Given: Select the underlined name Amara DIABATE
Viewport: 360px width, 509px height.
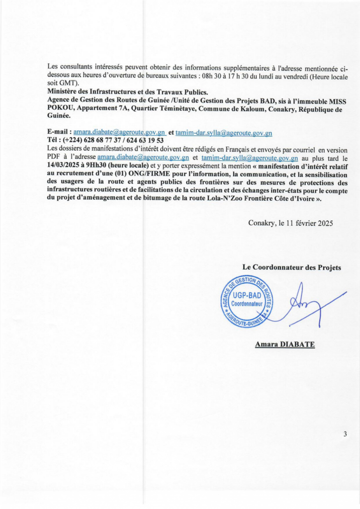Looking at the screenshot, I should (x=284, y=344).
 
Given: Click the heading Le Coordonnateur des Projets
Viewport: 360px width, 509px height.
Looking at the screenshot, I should (x=291, y=267).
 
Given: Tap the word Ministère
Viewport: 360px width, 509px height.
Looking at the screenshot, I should (x=64, y=91).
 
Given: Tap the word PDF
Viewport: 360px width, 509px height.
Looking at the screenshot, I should (x=54, y=157).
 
